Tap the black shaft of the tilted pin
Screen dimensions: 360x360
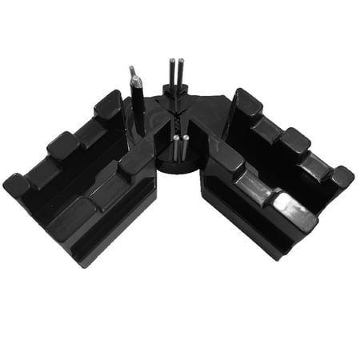(138, 108)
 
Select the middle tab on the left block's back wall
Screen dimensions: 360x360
(63, 145)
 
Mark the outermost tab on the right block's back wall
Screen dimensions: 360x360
(340, 176)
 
